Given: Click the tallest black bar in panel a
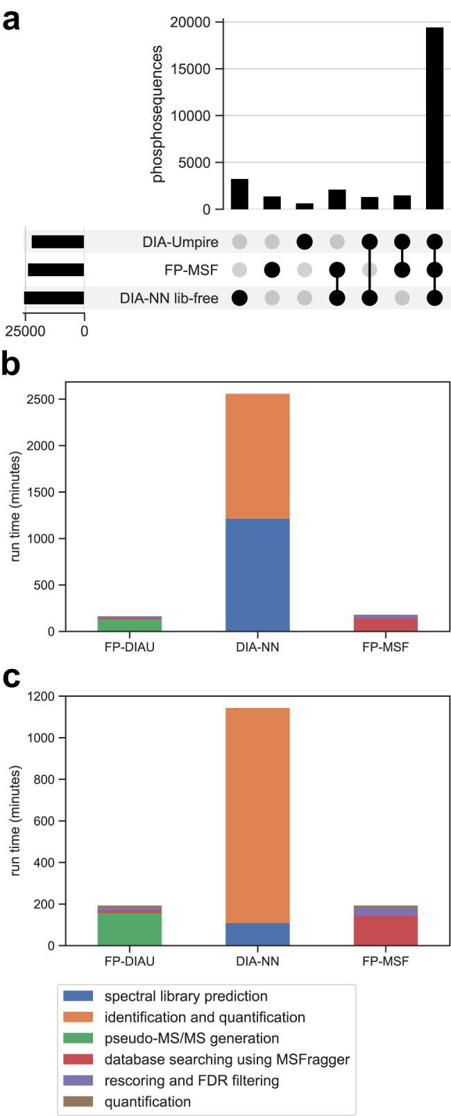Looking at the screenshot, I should pyautogui.click(x=434, y=118).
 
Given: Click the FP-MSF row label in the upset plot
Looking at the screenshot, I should pyautogui.click(x=195, y=270).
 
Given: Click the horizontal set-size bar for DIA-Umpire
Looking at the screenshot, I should pyautogui.click(x=58, y=242).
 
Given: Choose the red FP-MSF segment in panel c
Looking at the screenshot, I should pyautogui.click(x=386, y=931).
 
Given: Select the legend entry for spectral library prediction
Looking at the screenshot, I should pyautogui.click(x=185, y=996).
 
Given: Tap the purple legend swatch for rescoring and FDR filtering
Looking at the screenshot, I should pyautogui.click(x=79, y=1081).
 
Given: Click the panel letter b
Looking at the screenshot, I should pyautogui.click(x=11, y=364).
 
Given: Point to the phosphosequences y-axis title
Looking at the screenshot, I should pyautogui.click(x=158, y=115).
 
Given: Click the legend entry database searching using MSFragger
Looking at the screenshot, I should pyautogui.click(x=227, y=1059).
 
